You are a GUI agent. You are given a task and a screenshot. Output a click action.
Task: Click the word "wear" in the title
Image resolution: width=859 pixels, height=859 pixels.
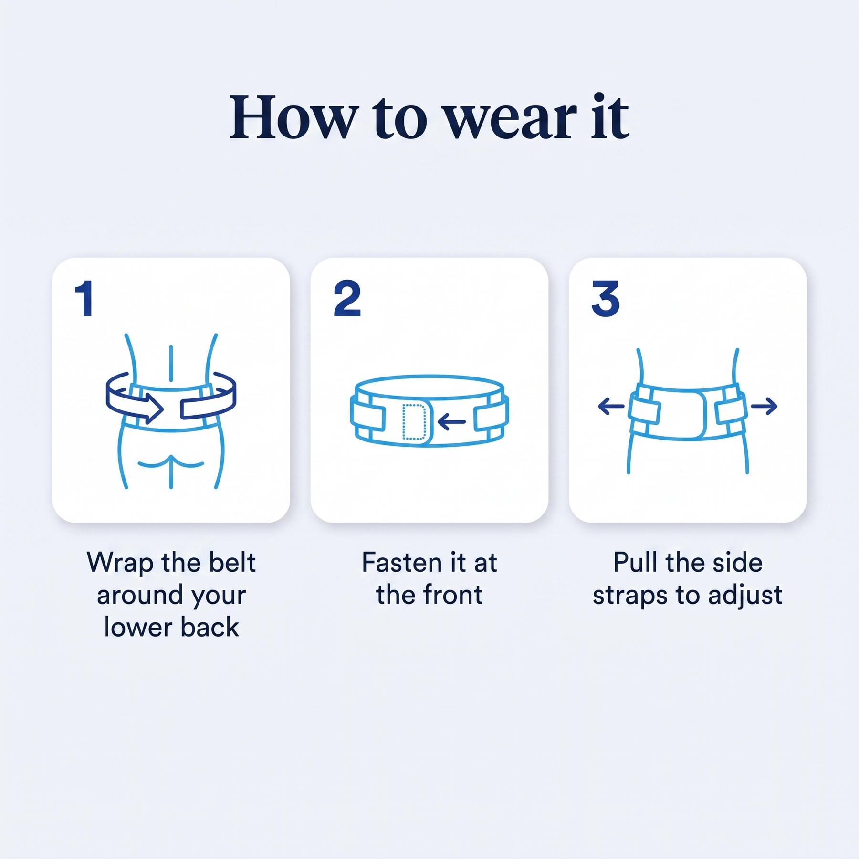pos(510,118)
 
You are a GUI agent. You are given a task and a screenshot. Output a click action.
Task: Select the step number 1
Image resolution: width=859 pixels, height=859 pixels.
pos(85,299)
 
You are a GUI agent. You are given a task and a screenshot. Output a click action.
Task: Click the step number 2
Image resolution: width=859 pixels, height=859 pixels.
pos(347,299)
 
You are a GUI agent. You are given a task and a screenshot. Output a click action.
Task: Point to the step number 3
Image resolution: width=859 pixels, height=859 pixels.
pos(606,299)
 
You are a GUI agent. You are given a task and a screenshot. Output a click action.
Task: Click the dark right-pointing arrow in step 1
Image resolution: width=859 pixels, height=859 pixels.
pos(135,398)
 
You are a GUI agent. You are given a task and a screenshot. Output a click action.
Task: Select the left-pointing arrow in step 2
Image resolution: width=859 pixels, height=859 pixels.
pos(451,421)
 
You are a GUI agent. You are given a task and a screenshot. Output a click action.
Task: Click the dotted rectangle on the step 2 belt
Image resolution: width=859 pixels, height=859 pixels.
pos(414,421)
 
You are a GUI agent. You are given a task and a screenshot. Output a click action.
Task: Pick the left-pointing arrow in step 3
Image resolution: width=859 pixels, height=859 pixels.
pos(611,407)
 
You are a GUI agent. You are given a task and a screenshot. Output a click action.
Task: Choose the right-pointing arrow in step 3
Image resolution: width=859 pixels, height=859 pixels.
pos(764,407)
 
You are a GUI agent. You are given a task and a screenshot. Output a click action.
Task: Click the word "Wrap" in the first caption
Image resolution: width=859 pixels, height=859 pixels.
pos(120,564)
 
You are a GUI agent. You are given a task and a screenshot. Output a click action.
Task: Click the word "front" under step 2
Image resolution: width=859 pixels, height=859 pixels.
pos(453,595)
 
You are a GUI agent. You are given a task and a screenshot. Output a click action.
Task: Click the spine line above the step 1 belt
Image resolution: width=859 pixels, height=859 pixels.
pos(171,363)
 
